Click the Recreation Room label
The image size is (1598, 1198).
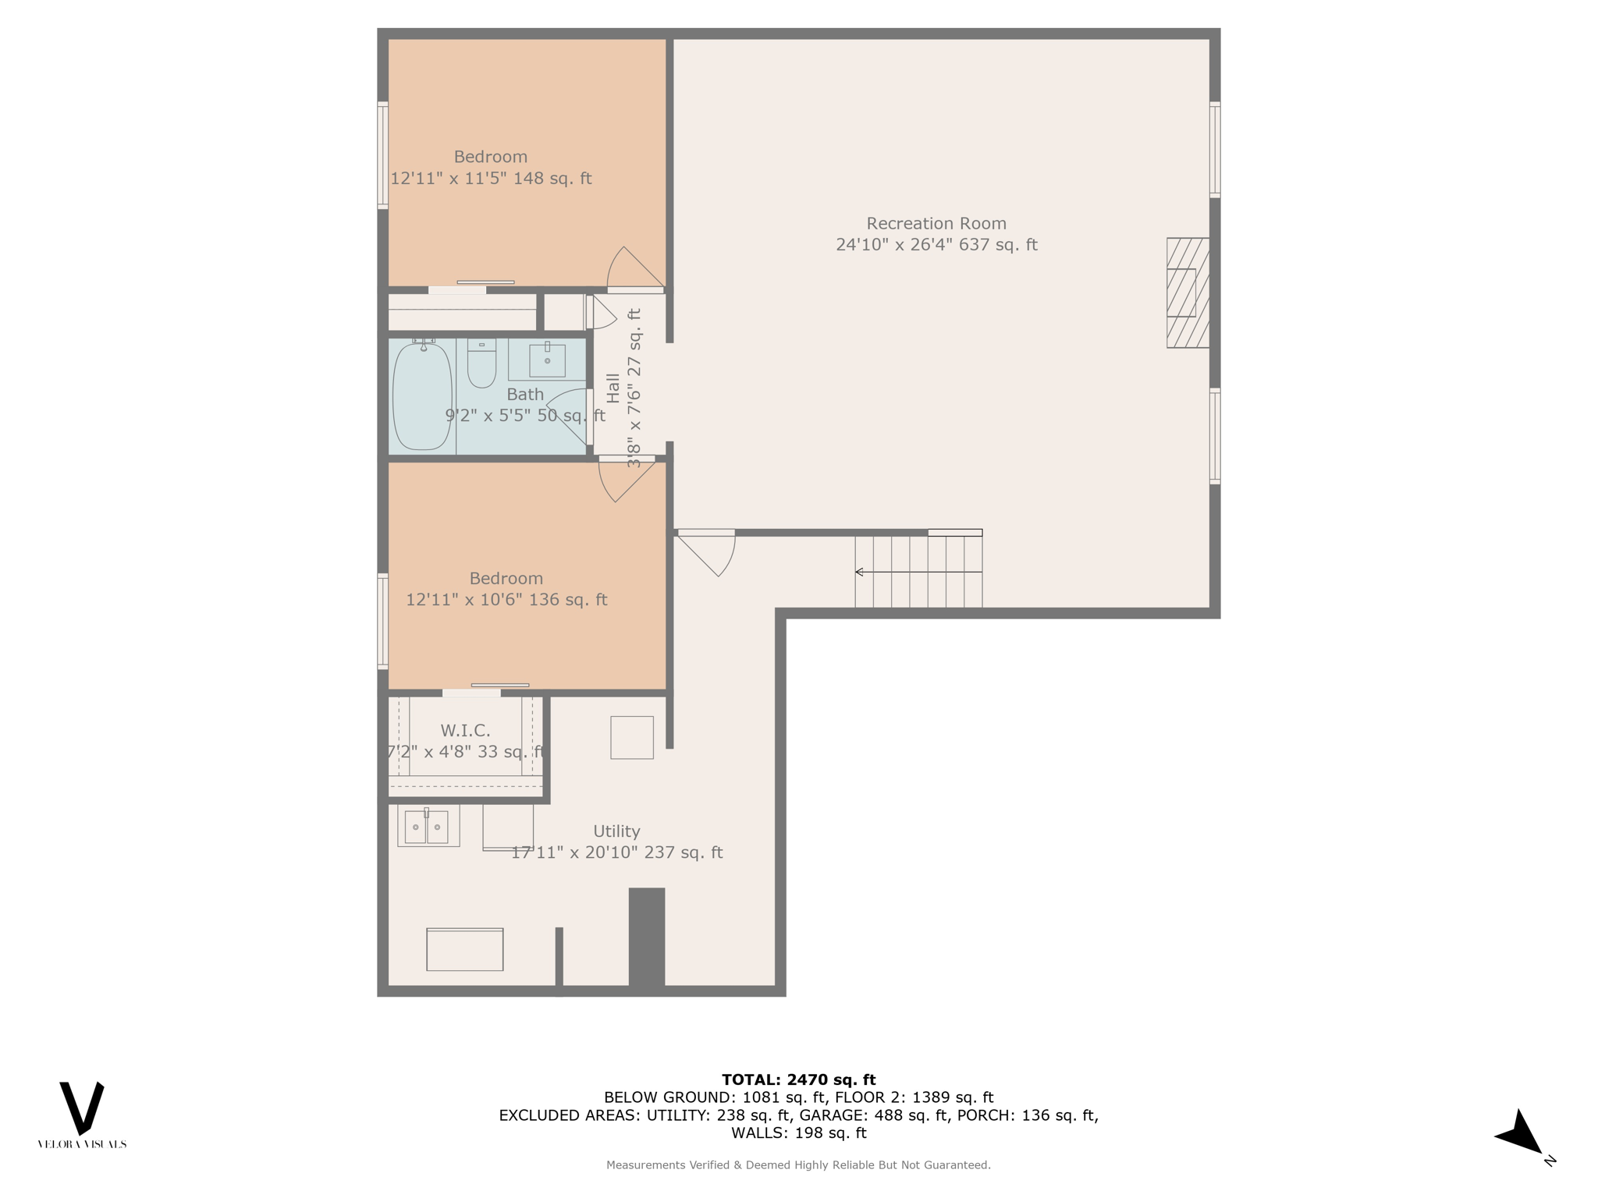point(936,224)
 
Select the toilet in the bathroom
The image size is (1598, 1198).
point(481,363)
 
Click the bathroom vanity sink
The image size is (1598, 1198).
point(547,360)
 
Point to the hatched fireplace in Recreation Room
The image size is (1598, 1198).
point(1188,292)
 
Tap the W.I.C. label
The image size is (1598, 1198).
point(465,731)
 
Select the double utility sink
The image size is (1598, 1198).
point(428,827)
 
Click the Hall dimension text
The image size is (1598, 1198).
point(634,388)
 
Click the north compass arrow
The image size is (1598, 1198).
point(1520,1134)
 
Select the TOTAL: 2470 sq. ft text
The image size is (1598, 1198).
point(798,1079)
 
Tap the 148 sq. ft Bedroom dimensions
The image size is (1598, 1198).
point(491,179)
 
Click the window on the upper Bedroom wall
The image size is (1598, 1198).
point(382,155)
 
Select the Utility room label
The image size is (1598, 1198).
point(616,831)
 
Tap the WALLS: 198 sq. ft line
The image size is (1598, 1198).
point(798,1133)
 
